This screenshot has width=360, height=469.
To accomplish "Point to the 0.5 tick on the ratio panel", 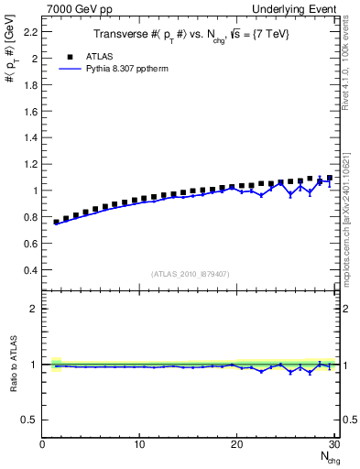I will (30, 420).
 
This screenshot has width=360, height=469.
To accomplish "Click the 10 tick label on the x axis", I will (139, 444).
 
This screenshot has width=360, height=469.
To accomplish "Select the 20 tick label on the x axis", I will (237, 444).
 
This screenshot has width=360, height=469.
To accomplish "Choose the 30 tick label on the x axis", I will (333, 444).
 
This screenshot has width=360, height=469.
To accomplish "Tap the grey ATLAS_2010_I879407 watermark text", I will (190, 273).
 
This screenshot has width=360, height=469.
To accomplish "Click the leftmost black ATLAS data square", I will (57, 222).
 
